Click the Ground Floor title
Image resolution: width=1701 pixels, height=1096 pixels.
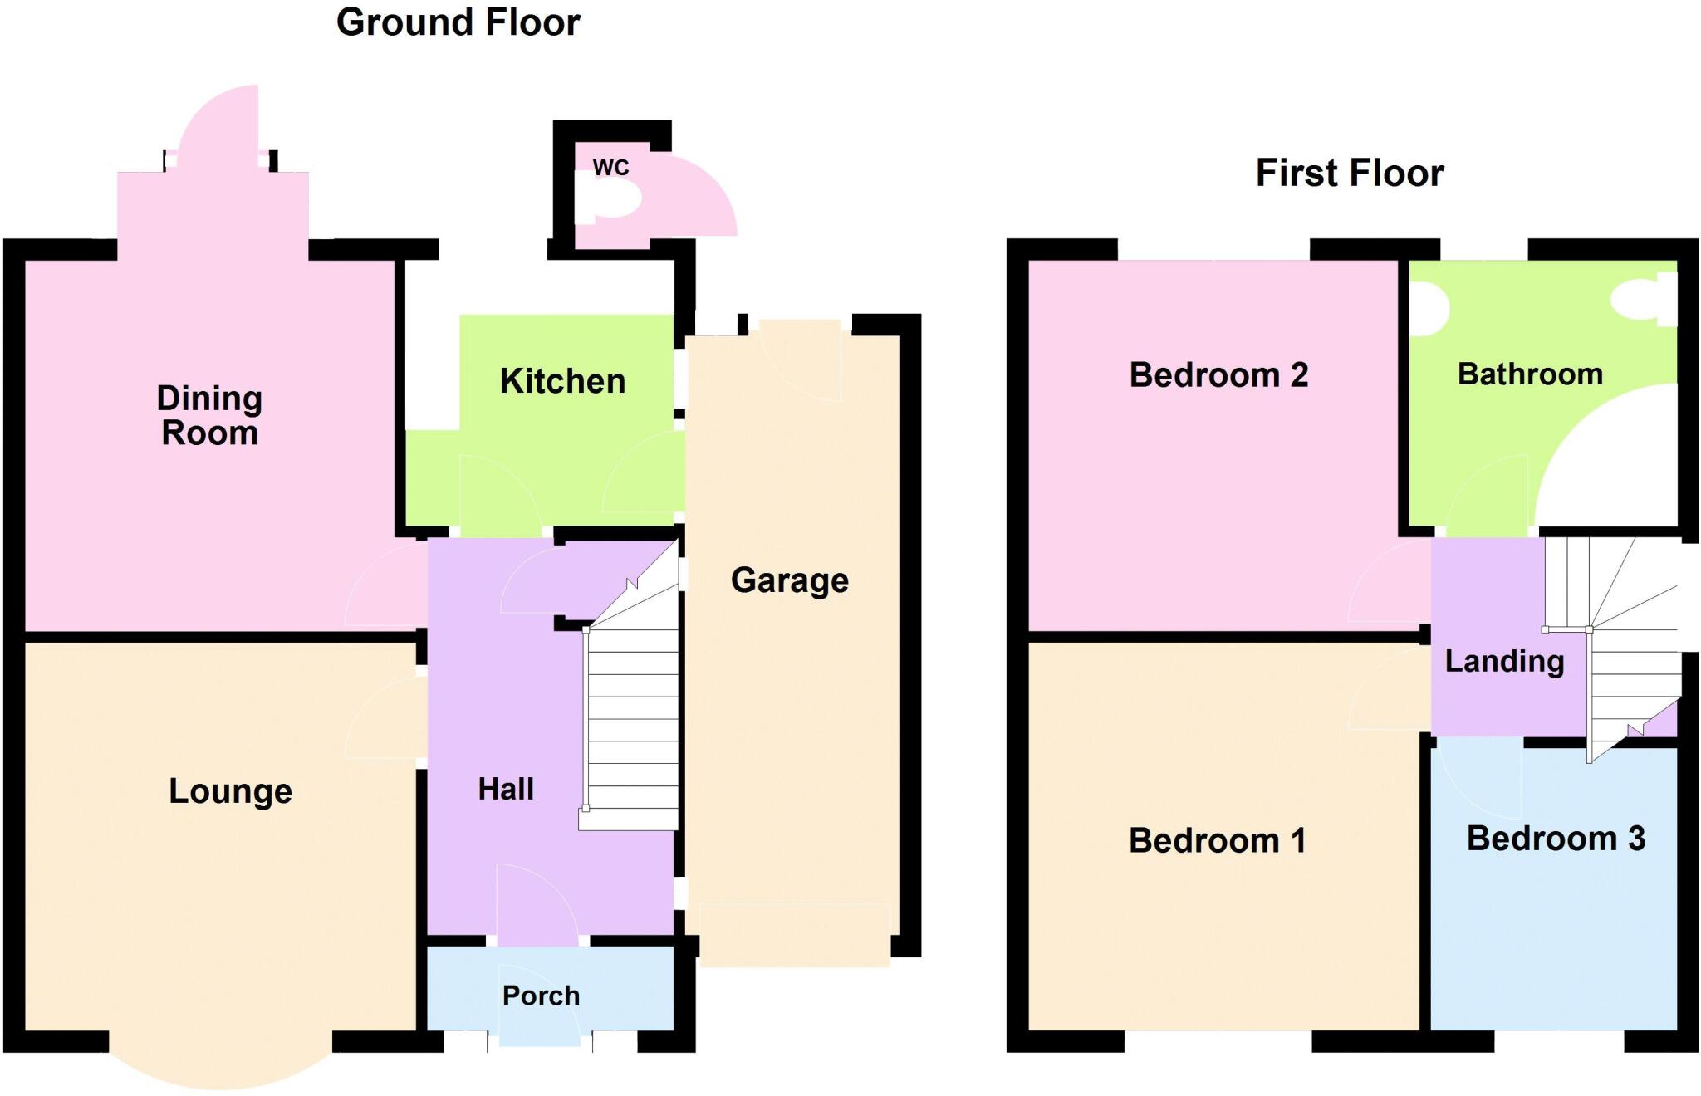pyautogui.click(x=458, y=22)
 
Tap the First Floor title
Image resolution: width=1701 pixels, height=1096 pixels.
pyautogui.click(x=1349, y=174)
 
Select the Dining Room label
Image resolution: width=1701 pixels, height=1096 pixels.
pyautogui.click(x=209, y=415)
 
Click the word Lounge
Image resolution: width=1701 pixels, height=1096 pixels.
pyautogui.click(x=230, y=791)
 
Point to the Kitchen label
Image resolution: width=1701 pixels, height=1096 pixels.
pyautogui.click(x=562, y=381)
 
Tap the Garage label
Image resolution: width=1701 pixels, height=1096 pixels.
pyautogui.click(x=789, y=580)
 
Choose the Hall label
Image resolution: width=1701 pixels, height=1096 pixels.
pyautogui.click(x=505, y=789)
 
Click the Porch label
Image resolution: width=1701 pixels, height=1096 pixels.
pyautogui.click(x=541, y=996)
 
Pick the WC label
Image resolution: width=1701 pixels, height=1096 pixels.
pyautogui.click(x=610, y=167)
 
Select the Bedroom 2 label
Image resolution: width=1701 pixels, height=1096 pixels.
pyautogui.click(x=1218, y=374)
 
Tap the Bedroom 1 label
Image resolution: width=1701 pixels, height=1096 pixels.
pyautogui.click(x=1217, y=840)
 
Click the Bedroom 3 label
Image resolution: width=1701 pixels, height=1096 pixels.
pyautogui.click(x=1555, y=838)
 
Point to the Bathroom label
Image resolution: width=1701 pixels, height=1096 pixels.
pyautogui.click(x=1529, y=374)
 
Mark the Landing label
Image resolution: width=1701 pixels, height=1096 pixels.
pyautogui.click(x=1503, y=661)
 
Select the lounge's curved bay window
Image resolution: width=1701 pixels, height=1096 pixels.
pyautogui.click(x=220, y=1067)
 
